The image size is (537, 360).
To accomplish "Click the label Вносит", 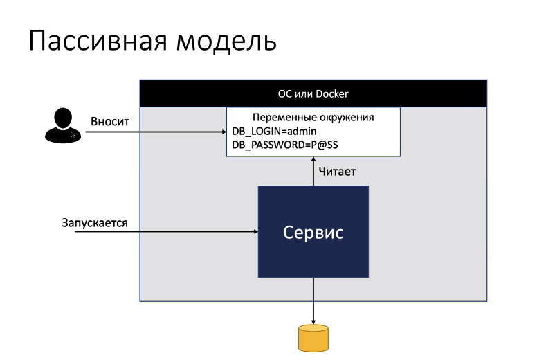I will tap(110, 121).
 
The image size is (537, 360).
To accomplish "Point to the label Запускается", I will tap(95, 223).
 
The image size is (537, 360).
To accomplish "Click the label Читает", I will tap(337, 171).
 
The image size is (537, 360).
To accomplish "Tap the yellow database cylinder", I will tap(313, 338).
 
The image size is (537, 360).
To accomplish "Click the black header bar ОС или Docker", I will tap(313, 93).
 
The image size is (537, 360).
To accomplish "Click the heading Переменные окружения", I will tap(313, 117).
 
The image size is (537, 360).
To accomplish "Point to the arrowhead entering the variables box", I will tap(223, 132).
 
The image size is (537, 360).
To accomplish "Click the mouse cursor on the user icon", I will tap(73, 134).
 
